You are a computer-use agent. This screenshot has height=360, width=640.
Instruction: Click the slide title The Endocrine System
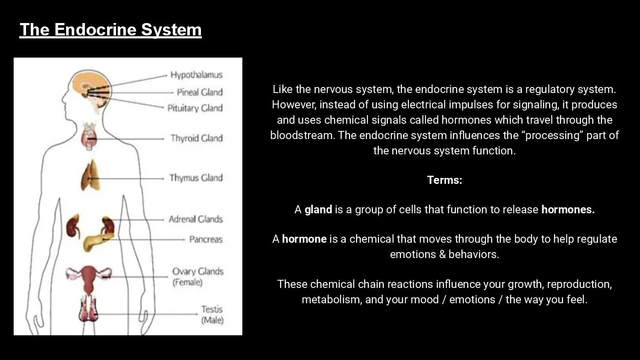click(111, 29)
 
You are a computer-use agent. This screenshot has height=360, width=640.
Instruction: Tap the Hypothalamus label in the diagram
click(196, 75)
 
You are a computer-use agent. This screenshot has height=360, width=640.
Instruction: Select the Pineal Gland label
click(200, 92)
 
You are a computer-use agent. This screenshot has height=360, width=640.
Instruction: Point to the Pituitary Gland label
click(195, 108)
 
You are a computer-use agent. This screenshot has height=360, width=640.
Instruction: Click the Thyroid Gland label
click(196, 138)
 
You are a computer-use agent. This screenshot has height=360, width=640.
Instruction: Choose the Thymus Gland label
click(196, 177)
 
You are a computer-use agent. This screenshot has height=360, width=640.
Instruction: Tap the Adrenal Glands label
click(195, 219)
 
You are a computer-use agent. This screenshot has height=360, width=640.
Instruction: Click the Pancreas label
click(206, 239)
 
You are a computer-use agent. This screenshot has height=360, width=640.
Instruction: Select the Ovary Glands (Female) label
click(198, 276)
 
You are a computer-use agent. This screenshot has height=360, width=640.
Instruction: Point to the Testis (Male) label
click(212, 314)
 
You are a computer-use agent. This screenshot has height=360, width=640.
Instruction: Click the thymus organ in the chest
click(90, 176)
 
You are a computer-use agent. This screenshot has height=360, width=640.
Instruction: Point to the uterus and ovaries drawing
click(88, 277)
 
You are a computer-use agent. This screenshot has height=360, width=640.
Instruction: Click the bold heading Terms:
click(445, 180)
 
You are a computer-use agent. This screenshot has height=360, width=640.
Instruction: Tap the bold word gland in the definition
click(318, 209)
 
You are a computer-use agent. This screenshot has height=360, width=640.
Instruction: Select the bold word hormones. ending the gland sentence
click(568, 209)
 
